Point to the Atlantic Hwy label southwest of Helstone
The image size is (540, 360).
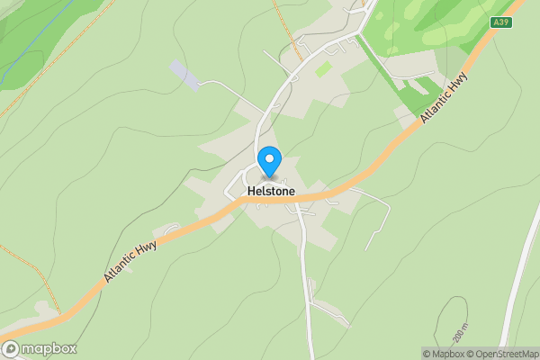(x=130, y=259)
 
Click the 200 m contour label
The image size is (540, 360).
(x=461, y=334)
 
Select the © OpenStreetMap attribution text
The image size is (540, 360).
(x=505, y=354)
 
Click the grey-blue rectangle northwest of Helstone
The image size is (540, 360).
(x=184, y=75)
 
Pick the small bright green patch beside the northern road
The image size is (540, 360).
(x=322, y=68)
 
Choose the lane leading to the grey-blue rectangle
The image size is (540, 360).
(x=229, y=85)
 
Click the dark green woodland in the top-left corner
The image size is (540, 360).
(x=27, y=27)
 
